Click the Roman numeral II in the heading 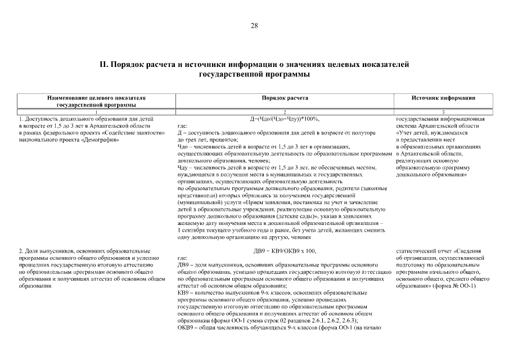103,64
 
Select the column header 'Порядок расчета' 285,98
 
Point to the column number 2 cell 285,112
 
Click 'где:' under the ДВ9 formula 182,257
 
